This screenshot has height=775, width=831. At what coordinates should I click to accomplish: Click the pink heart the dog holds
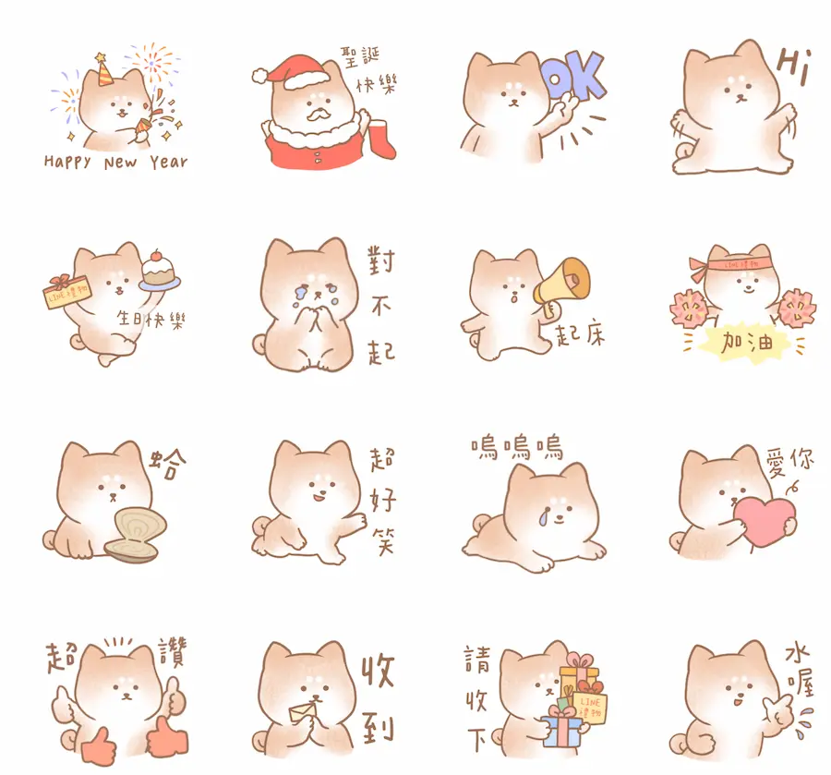coord(765,521)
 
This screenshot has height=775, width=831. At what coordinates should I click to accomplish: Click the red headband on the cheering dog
coord(736,261)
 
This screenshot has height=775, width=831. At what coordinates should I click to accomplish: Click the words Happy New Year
coord(115,163)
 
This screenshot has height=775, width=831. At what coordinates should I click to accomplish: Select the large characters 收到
coord(378,697)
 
